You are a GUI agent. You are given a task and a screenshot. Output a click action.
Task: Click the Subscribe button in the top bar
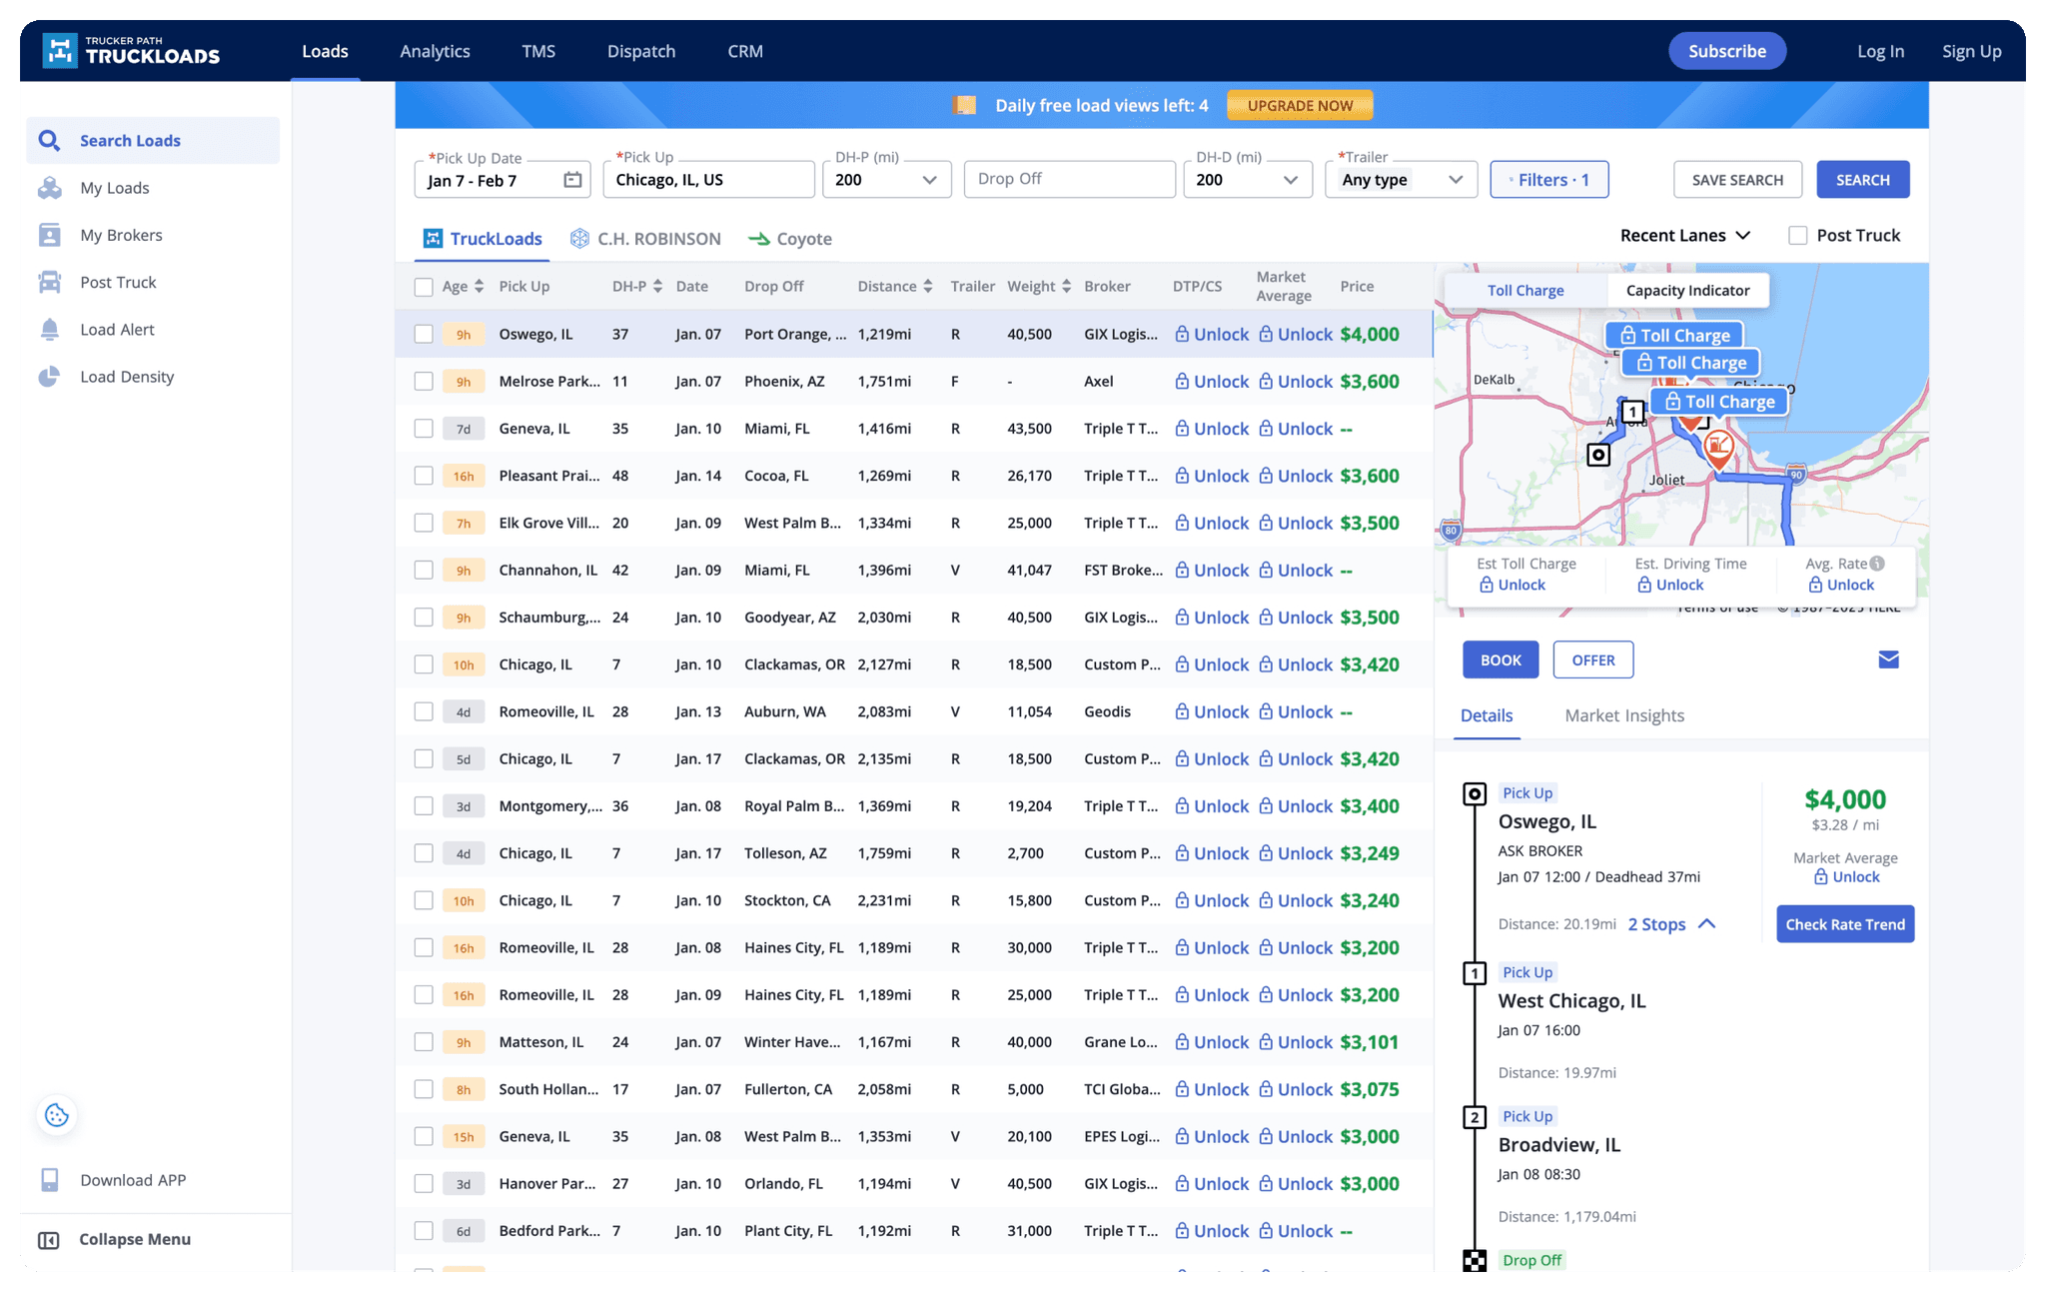1726,51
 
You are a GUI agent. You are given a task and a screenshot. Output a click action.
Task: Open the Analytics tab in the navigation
435,51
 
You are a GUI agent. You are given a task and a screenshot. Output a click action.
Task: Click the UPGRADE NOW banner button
1299,105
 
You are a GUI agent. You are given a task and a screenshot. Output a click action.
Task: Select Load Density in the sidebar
127,377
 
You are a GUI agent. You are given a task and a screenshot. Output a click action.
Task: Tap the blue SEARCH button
1862,180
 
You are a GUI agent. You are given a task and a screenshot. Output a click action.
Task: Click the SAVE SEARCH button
1736,180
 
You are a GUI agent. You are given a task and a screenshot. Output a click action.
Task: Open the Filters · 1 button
1548,180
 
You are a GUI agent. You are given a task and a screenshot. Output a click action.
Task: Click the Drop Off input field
1068,179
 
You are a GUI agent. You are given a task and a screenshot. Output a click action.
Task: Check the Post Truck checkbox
1797,236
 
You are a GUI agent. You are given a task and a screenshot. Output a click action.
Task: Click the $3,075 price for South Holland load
1369,1089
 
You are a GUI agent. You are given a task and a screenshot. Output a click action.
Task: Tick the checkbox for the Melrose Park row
424,382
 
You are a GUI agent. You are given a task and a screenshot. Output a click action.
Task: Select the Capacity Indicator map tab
1687,291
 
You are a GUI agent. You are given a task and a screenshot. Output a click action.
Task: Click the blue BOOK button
1500,660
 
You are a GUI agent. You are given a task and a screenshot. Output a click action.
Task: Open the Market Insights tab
1623,715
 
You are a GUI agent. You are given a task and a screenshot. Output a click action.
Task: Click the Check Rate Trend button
1844,924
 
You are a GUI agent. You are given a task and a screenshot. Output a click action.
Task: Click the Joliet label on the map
1666,481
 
